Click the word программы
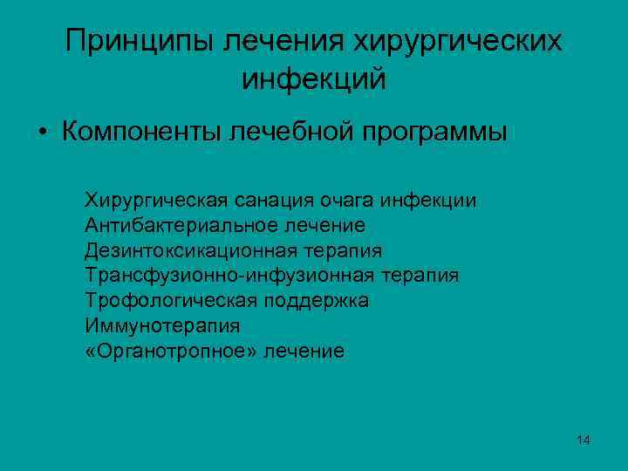433,133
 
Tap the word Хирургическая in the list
157,201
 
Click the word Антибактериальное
181,226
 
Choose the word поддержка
312,301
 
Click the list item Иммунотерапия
162,326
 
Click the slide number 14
584,440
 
